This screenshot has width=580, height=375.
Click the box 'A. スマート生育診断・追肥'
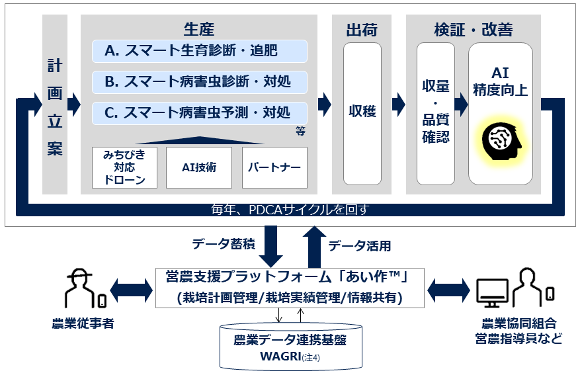199,51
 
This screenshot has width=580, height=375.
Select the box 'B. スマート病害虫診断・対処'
199,82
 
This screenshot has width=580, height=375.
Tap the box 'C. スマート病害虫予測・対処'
199,113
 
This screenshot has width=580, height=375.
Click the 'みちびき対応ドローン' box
124,167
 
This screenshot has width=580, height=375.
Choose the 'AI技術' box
199,167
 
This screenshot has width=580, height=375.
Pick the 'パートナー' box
274,167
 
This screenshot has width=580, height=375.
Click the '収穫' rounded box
362,114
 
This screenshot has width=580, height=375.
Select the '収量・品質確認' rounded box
436,114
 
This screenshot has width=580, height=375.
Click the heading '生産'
199,29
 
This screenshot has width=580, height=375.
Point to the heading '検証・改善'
474,30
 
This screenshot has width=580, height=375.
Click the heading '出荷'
362,30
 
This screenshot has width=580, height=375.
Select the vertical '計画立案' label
55,107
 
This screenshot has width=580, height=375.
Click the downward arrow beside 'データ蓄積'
270,246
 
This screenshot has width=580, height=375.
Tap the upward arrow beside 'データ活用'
314,247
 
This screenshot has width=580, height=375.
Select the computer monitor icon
492,293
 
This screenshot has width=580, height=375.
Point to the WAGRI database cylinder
291,347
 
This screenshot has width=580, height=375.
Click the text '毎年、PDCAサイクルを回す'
290,210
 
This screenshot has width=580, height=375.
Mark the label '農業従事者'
83,323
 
